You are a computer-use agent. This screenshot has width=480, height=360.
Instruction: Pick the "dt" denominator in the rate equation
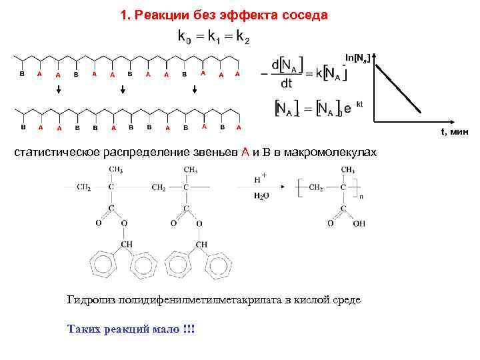click(x=286, y=84)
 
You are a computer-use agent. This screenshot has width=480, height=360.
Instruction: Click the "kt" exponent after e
click(x=359, y=104)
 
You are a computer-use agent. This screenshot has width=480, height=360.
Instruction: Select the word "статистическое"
click(x=58, y=153)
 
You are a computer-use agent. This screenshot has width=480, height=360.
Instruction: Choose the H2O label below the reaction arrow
click(x=261, y=197)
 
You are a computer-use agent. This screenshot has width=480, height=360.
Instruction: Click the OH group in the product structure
click(x=359, y=224)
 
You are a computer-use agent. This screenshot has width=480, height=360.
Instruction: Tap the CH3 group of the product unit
click(x=347, y=169)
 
